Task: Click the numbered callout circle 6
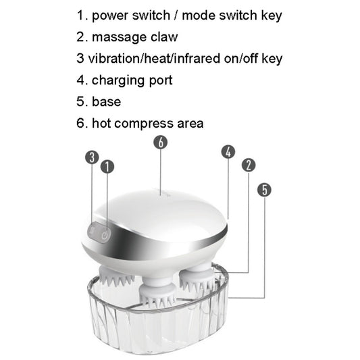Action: (x=160, y=143)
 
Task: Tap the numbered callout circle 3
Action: (x=92, y=157)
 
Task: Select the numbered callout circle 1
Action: (x=107, y=166)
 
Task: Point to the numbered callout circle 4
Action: (x=228, y=152)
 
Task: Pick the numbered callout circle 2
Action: (x=249, y=165)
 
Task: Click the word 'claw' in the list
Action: (x=162, y=36)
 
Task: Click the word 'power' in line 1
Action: (x=111, y=15)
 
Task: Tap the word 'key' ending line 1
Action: (x=269, y=15)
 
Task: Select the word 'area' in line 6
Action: (x=189, y=124)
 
